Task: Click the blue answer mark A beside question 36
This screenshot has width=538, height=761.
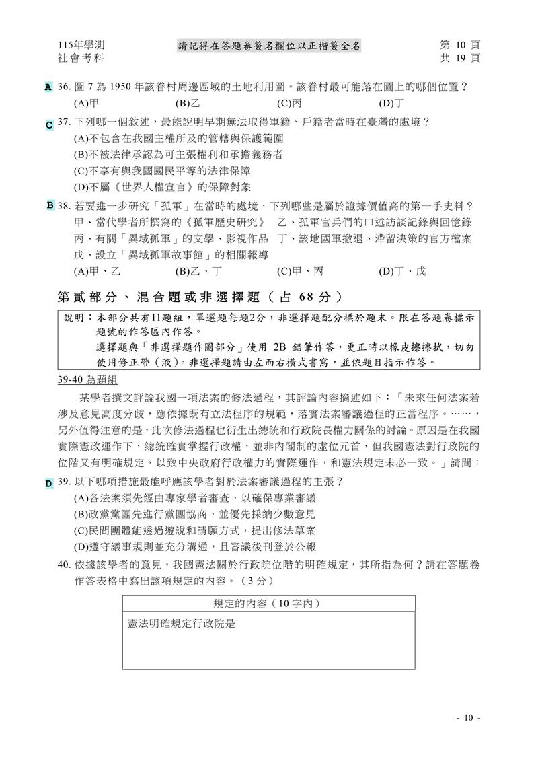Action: pos(48,87)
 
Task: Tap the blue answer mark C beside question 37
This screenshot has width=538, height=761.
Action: pos(48,124)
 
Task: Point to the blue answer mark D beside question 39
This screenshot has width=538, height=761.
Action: pos(48,483)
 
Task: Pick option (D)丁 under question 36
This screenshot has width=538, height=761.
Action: pos(391,104)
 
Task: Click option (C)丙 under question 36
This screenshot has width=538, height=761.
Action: pos(290,104)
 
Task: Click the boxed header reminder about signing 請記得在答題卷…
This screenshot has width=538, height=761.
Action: pos(269,46)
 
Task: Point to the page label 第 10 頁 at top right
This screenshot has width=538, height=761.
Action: pos(460,45)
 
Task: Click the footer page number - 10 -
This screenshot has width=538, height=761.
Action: pos(468,718)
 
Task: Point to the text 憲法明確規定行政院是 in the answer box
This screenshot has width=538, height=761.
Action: pos(180,624)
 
